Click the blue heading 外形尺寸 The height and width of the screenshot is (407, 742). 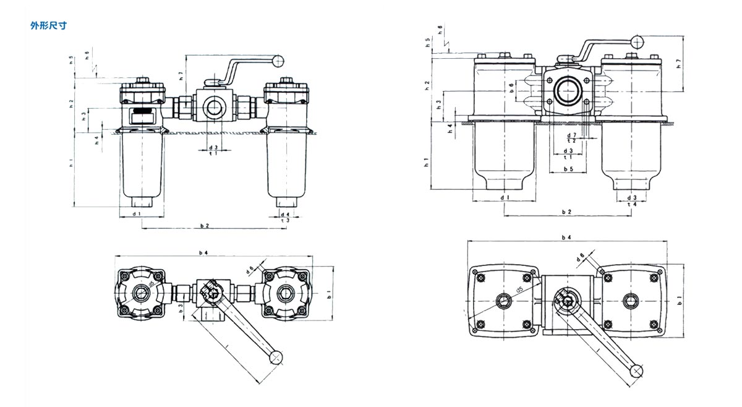[48, 26]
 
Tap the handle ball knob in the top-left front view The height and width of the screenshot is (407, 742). [279, 61]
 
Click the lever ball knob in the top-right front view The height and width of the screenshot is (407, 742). [637, 42]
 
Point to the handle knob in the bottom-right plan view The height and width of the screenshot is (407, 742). [636, 370]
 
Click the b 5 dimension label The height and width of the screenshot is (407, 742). [568, 169]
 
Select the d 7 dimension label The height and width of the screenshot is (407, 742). [571, 134]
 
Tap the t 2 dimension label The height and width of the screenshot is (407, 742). [571, 141]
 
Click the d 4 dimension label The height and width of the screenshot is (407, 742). [285, 214]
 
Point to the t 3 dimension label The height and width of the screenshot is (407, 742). [285, 221]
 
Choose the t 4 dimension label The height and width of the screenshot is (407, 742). [632, 204]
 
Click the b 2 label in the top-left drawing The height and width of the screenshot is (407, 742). [203, 226]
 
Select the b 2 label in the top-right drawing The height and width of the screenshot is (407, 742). [566, 212]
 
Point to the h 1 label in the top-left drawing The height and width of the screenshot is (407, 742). [72, 164]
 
